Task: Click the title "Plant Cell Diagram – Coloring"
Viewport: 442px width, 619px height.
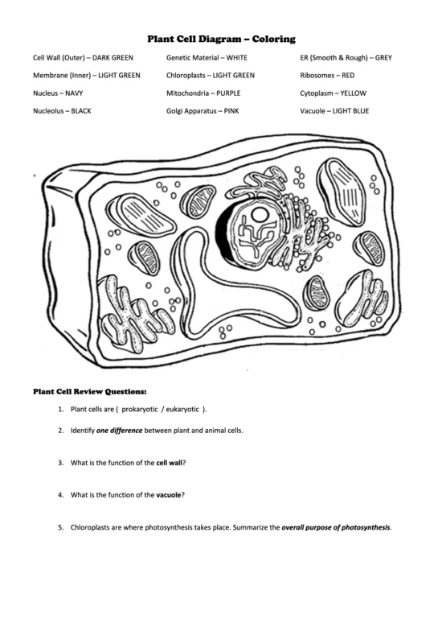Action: click(x=221, y=39)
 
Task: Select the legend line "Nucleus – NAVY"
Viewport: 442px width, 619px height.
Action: click(x=58, y=93)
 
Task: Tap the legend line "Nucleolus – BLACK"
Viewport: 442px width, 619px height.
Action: click(x=62, y=111)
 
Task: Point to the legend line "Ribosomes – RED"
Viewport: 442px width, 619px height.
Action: click(x=327, y=76)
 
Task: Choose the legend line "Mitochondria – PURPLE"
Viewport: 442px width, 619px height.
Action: click(x=204, y=93)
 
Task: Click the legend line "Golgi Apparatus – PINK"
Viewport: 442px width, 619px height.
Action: click(x=203, y=111)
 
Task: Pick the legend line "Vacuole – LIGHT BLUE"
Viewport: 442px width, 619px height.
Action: click(x=334, y=111)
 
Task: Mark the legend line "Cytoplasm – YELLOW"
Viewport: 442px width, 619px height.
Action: click(x=330, y=93)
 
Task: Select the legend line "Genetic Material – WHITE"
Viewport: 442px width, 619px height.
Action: click(x=207, y=58)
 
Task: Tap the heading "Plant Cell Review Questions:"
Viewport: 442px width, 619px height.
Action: click(x=89, y=392)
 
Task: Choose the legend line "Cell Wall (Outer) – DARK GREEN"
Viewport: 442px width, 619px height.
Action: click(x=83, y=58)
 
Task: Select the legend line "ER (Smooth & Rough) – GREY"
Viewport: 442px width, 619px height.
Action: click(x=346, y=58)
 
